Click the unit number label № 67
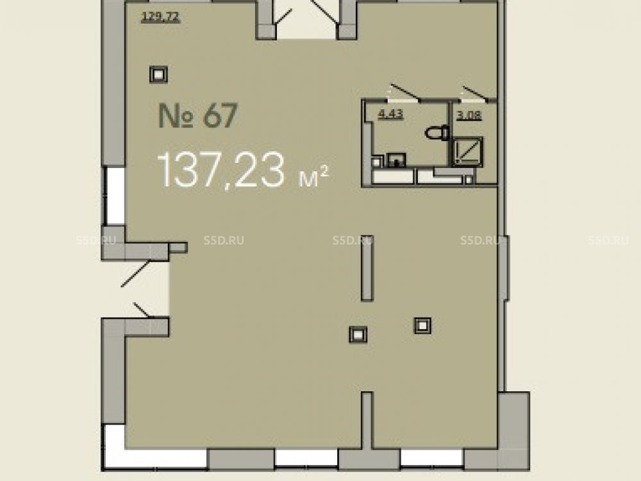tap(198, 115)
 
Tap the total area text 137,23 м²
tap(243, 170)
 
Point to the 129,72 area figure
tap(160, 17)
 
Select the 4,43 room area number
tap(391, 114)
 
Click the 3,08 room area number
tap(469, 115)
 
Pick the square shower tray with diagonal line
tap(467, 152)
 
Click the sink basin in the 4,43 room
tap(395, 160)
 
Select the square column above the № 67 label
tap(158, 74)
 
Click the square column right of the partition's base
tap(422, 326)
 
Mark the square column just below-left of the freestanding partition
tap(358, 335)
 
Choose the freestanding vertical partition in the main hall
tap(367, 268)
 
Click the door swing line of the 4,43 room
tap(406, 92)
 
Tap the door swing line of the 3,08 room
tap(475, 93)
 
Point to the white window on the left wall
tap(115, 196)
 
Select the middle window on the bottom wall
tap(306, 458)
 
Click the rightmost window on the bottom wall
tap(431, 458)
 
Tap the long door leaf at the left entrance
tap(136, 274)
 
